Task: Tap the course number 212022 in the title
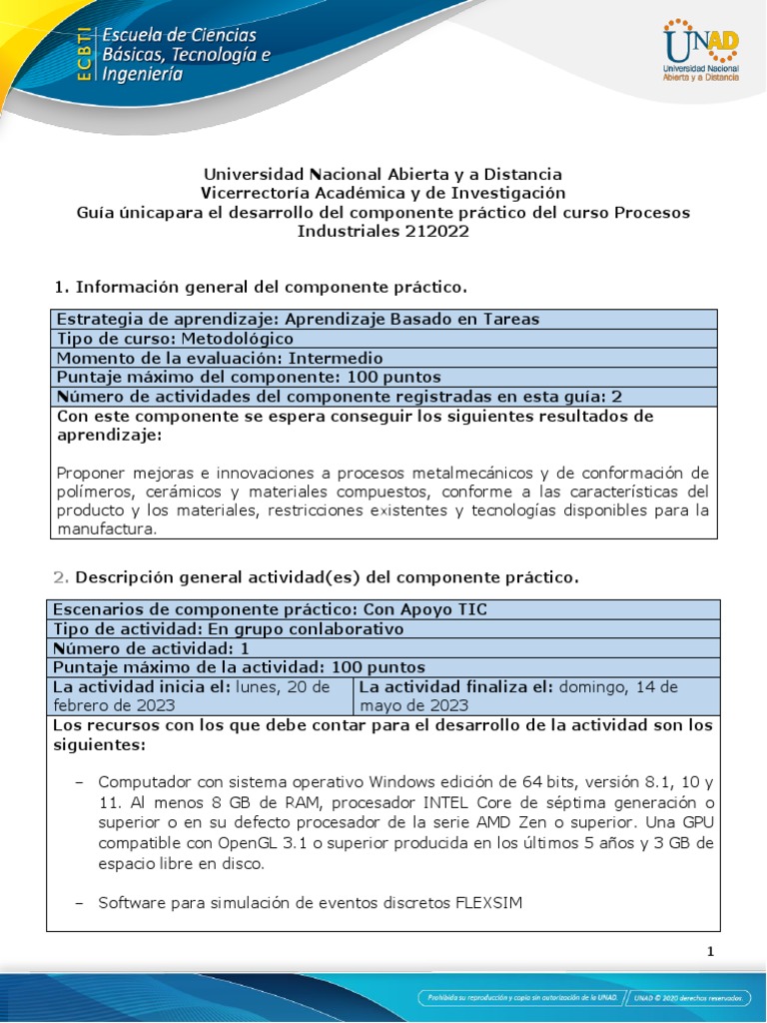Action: click(x=432, y=231)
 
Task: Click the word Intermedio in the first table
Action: click(x=336, y=358)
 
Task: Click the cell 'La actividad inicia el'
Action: click(x=200, y=696)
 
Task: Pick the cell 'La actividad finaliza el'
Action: click(x=534, y=696)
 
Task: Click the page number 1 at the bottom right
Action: click(x=710, y=952)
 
